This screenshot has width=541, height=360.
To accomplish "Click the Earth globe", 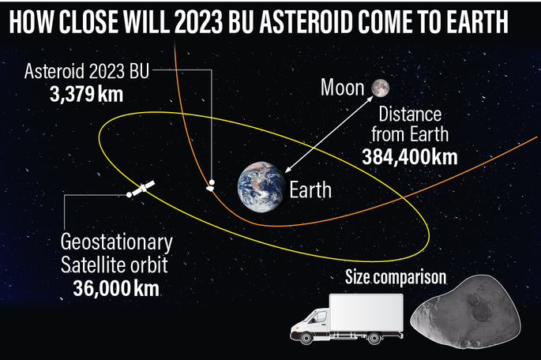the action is click(x=262, y=187).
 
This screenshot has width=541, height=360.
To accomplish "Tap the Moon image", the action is click(x=380, y=88).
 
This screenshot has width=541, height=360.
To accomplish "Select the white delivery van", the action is click(x=347, y=319).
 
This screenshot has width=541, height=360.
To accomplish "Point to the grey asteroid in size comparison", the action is click(x=466, y=312).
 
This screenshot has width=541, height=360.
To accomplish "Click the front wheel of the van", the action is click(x=306, y=338).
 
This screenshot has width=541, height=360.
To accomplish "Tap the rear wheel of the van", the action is click(x=374, y=338).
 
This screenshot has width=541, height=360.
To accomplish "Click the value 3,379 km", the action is click(x=86, y=94).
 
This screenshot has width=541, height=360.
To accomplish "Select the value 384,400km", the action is click(x=410, y=157).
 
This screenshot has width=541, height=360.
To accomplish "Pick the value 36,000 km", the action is click(x=116, y=288).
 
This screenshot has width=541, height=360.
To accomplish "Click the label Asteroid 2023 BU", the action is click(x=87, y=71).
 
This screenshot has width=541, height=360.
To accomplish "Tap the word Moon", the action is click(x=342, y=88).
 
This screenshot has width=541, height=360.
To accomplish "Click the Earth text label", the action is click(x=310, y=190).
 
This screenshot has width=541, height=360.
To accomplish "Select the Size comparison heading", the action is click(x=396, y=277).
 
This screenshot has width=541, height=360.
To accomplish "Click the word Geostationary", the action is click(x=117, y=242).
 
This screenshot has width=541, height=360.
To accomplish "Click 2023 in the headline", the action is click(x=198, y=21).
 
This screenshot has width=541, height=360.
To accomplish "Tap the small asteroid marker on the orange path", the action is click(x=210, y=188).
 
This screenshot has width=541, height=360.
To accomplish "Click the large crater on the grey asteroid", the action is click(x=482, y=312).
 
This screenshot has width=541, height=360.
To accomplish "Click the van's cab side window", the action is click(x=320, y=317).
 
